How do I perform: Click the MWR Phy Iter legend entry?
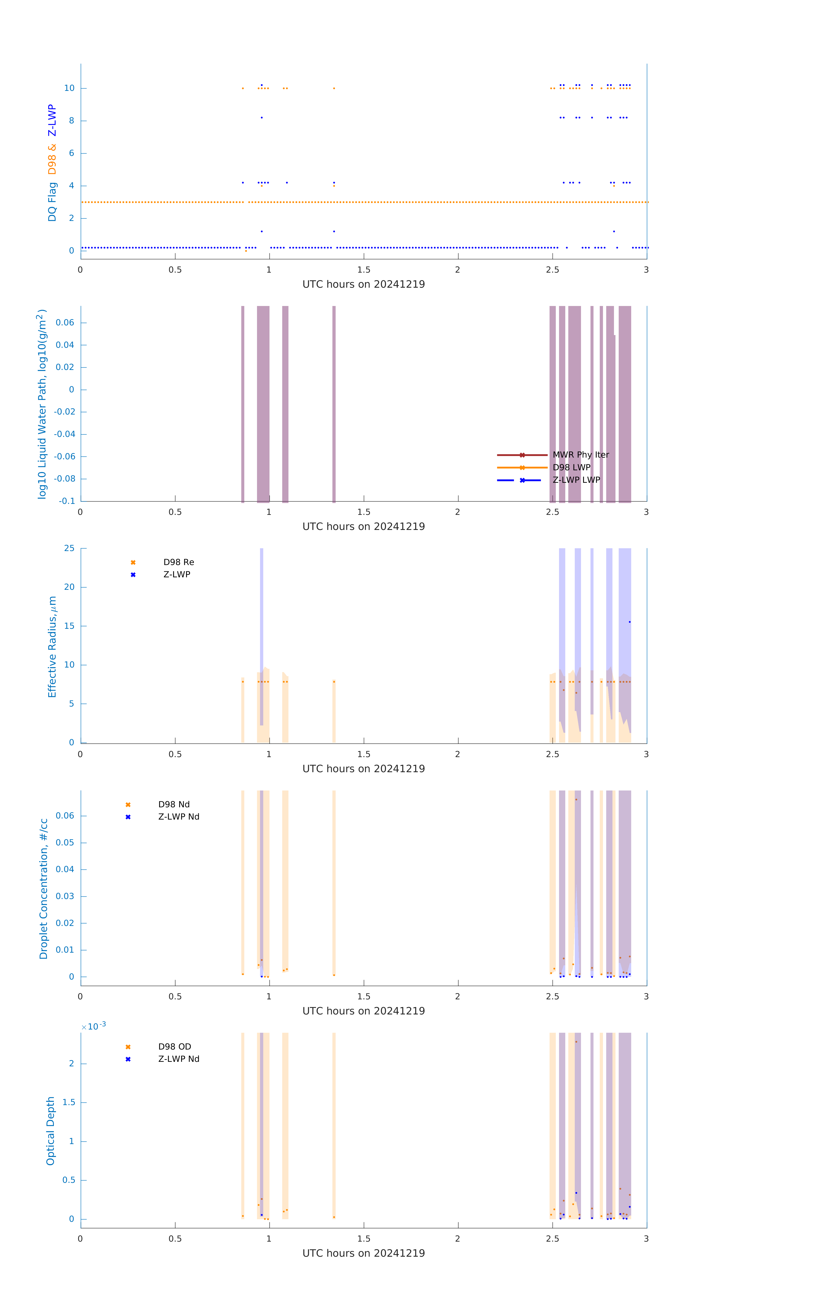pos(580,455)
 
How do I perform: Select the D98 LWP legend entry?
pos(571,467)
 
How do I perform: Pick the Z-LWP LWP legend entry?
pos(576,480)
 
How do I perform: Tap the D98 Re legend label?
pos(179,562)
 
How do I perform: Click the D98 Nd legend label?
pos(174,804)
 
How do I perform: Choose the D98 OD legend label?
pos(174,1047)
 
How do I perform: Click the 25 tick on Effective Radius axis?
pos(69,548)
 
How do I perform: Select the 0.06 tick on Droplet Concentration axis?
pos(65,816)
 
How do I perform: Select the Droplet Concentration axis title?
pos(44,888)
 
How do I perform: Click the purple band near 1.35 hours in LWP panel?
pos(334,402)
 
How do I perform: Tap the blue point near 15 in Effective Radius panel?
pos(630,622)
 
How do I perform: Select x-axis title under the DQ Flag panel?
pos(363,284)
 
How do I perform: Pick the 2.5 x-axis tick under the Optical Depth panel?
pos(552,1239)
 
